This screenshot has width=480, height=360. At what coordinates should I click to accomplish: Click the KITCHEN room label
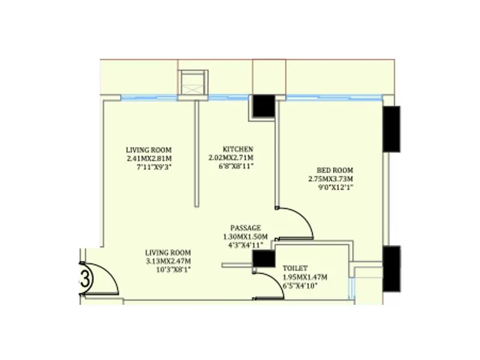238,149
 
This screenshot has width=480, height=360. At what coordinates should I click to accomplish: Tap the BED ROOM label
331,170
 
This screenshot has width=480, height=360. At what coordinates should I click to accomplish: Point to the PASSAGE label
246,228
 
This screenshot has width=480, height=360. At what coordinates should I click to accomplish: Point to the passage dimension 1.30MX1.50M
246,236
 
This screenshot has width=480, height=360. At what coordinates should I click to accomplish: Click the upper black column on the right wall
391,129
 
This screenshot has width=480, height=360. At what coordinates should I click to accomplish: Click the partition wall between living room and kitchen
196,153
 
